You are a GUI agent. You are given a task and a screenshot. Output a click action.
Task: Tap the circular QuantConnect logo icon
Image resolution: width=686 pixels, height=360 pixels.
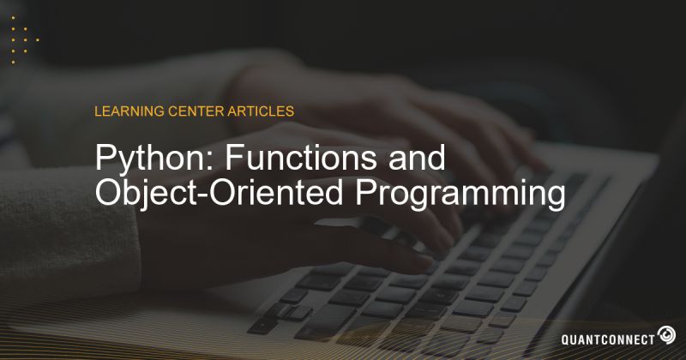[x=666, y=334]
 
